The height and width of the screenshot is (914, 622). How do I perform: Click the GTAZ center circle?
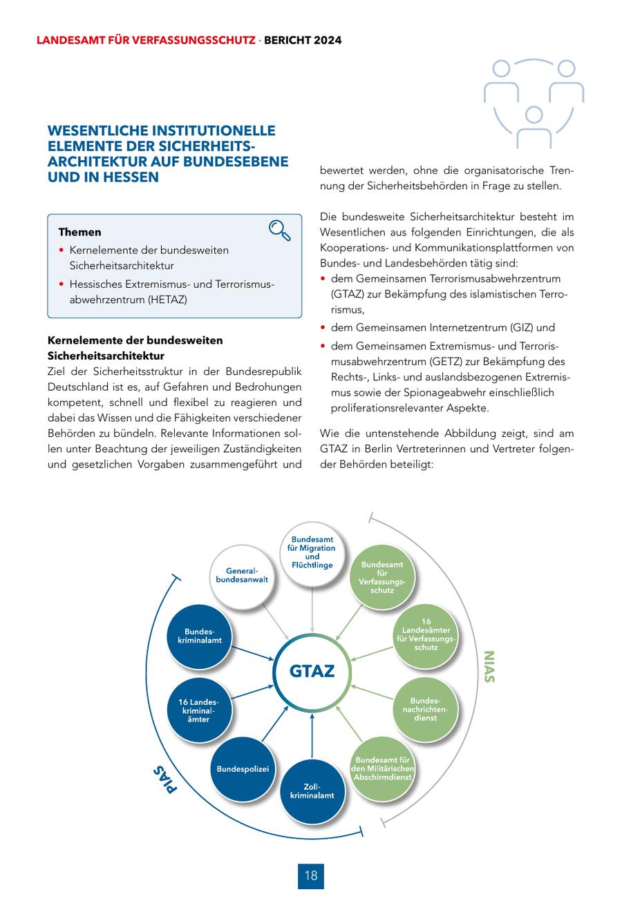click(312, 670)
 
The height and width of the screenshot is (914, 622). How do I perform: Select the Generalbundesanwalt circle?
click(242, 576)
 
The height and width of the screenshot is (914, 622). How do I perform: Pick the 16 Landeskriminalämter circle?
click(199, 710)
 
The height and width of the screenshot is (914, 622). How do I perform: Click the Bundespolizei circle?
click(243, 768)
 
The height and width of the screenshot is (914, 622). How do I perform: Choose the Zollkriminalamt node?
click(312, 791)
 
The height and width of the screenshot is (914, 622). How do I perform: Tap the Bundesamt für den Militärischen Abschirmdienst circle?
click(382, 768)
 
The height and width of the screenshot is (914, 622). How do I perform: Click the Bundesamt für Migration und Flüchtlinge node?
click(312, 552)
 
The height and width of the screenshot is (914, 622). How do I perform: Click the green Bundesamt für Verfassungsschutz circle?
click(382, 577)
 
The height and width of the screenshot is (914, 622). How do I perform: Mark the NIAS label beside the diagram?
click(489, 667)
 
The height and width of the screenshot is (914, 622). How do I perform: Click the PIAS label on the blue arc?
click(165, 779)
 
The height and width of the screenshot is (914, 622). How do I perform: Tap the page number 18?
click(311, 875)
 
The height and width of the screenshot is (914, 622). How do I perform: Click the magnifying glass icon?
click(279, 231)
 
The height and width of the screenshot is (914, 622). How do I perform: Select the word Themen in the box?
click(79, 232)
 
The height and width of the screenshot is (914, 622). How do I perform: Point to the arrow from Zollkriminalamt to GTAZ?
click(312, 737)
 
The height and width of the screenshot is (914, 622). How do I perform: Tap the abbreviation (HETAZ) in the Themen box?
click(164, 300)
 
